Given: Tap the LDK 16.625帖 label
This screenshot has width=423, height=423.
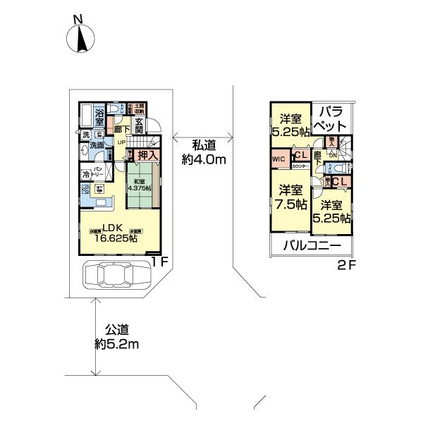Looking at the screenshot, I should pyautogui.click(x=114, y=233).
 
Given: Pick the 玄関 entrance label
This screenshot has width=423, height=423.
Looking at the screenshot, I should pyautogui.click(x=139, y=126).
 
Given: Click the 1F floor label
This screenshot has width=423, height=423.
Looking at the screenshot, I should pyautogui.click(x=160, y=261).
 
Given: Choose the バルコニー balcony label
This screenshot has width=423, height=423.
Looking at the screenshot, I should pyautogui.click(x=312, y=246).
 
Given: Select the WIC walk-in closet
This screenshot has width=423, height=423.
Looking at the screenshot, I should pyautogui.click(x=278, y=159).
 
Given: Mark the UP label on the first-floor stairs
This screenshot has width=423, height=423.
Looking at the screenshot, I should pyautogui.click(x=121, y=143).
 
